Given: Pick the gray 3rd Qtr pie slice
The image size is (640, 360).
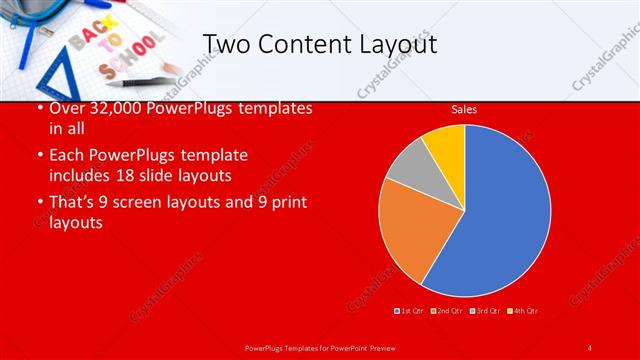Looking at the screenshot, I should tap(408, 168).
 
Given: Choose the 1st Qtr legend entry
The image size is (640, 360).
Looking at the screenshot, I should tap(410, 311).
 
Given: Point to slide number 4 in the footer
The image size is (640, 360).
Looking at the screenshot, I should tap(589, 347).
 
